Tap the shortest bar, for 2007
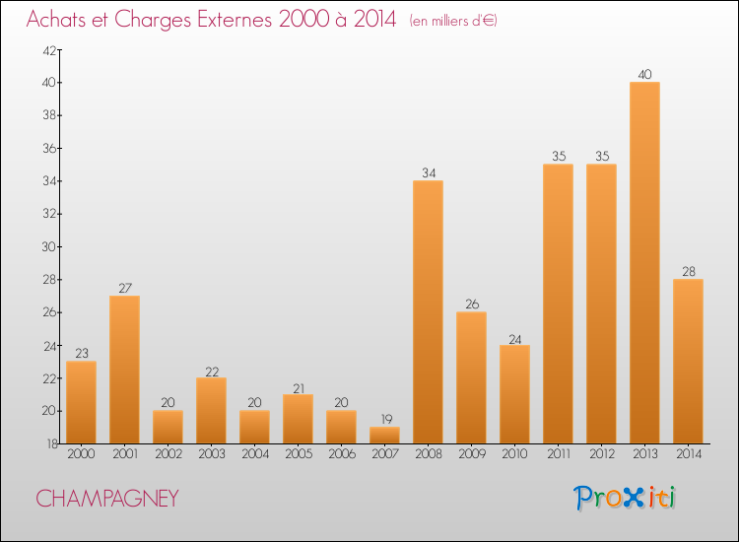pyautogui.click(x=384, y=435)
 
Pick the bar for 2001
pyautogui.click(x=124, y=370)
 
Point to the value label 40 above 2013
pyautogui.click(x=644, y=75)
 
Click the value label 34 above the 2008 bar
pyautogui.click(x=428, y=173)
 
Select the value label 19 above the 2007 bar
pyautogui.click(x=384, y=420)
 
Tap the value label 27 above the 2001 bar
pyautogui.click(x=124, y=289)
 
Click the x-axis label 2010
pyautogui.click(x=514, y=455)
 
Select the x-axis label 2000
pyautogui.click(x=81, y=455)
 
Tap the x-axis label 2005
pyautogui.click(x=298, y=455)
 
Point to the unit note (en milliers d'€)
pyautogui.click(x=453, y=21)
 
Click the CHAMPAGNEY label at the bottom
pyautogui.click(x=107, y=499)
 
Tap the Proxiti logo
pyautogui.click(x=625, y=498)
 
